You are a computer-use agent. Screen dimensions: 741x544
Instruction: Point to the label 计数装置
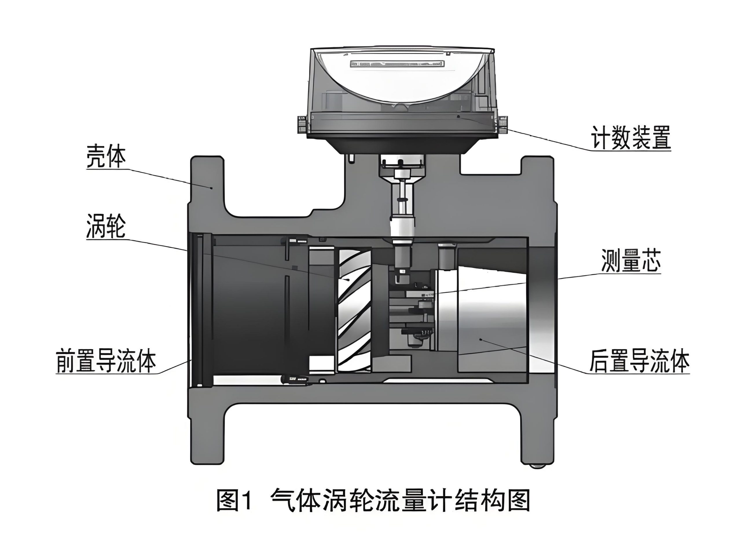coord(631,137)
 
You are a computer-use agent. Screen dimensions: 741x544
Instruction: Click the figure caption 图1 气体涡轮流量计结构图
coord(373,501)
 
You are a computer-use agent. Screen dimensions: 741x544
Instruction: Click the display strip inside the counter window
coord(397,64)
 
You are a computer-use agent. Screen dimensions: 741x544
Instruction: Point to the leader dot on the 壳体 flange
coord(212,188)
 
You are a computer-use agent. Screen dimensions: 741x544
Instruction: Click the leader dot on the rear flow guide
coord(480,339)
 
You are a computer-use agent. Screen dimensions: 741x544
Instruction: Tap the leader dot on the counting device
coord(458,116)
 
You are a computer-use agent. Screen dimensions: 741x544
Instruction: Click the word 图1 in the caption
coord(234,501)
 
